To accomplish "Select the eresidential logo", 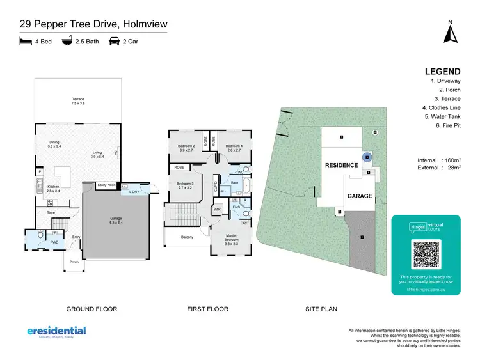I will tap(56, 332).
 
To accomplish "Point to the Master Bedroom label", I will tap(231, 241).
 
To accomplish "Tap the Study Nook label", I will tap(106, 185).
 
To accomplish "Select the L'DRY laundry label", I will tap(134, 192).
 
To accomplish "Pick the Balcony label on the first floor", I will tap(187, 237).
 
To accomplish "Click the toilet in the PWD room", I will tap(40, 236).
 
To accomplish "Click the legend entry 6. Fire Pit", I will tap(447, 126).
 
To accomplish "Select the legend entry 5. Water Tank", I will tap(443, 117).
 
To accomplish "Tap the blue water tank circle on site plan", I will tap(367, 156).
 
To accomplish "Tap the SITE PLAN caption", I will tap(321, 309).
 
